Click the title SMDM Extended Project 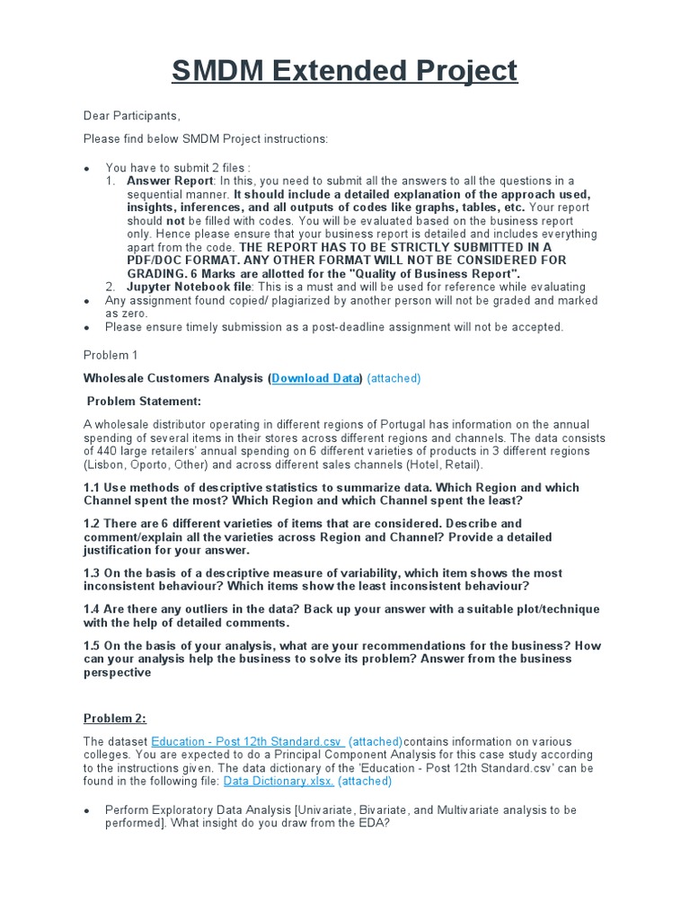pos(344,70)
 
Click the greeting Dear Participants pos(132,116)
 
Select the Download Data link pos(314,378)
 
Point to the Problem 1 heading pos(110,355)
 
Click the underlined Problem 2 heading pos(115,718)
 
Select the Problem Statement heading pos(145,401)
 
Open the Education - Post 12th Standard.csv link pos(247,741)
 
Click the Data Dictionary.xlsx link pos(279,782)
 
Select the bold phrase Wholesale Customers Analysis pos(174,378)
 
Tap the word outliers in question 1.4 pos(199,609)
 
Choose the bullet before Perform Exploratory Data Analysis pos(86,810)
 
